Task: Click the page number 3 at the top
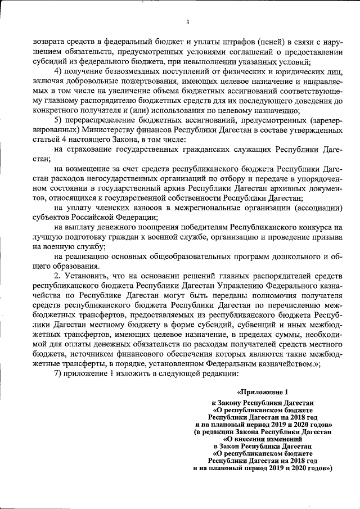point(187,22)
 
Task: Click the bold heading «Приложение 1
point(263,391)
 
